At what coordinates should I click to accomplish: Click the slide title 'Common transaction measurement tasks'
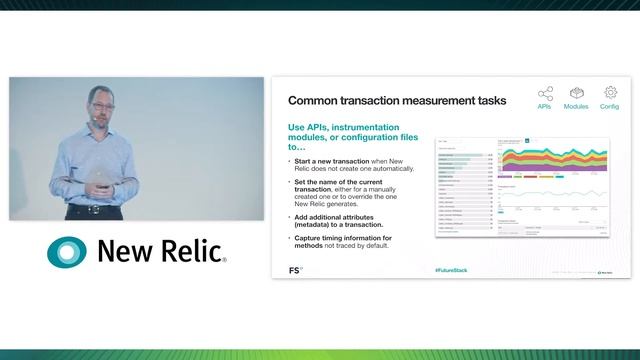[397, 101]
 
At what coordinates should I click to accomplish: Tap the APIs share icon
[545, 93]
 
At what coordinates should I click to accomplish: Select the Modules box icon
[576, 93]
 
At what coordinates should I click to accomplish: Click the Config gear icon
[610, 93]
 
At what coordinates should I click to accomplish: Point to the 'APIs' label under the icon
[545, 106]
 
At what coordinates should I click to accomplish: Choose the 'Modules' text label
[576, 106]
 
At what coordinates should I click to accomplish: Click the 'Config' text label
[610, 106]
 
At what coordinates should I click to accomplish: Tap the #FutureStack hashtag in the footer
[451, 270]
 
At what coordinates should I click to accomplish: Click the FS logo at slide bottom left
[295, 270]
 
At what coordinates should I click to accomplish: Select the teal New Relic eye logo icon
[67, 251]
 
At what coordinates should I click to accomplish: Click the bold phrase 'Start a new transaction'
[331, 161]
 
